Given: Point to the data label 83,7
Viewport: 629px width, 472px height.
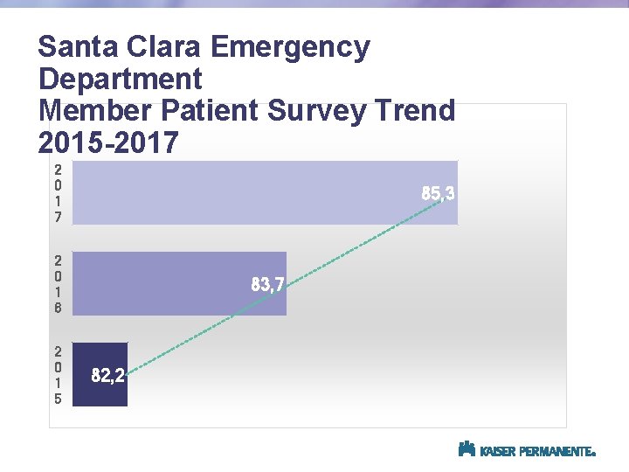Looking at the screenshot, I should pyautogui.click(x=267, y=283).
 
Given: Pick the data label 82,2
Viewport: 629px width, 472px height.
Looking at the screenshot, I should pyautogui.click(x=108, y=377).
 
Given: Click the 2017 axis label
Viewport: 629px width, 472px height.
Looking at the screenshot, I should pyautogui.click(x=58, y=193).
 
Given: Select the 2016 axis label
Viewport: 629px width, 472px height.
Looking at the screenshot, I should pyautogui.click(x=58, y=283).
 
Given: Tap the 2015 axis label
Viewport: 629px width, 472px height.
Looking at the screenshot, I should pyautogui.click(x=58, y=373).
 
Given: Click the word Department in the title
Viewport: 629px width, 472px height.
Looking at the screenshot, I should pyautogui.click(x=121, y=80).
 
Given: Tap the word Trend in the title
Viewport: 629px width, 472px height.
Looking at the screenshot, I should pyautogui.click(x=417, y=111).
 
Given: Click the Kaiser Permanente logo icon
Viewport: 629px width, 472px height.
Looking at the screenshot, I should pyautogui.click(x=467, y=449).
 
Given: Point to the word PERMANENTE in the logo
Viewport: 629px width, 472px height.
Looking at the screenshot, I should pyautogui.click(x=556, y=452).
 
